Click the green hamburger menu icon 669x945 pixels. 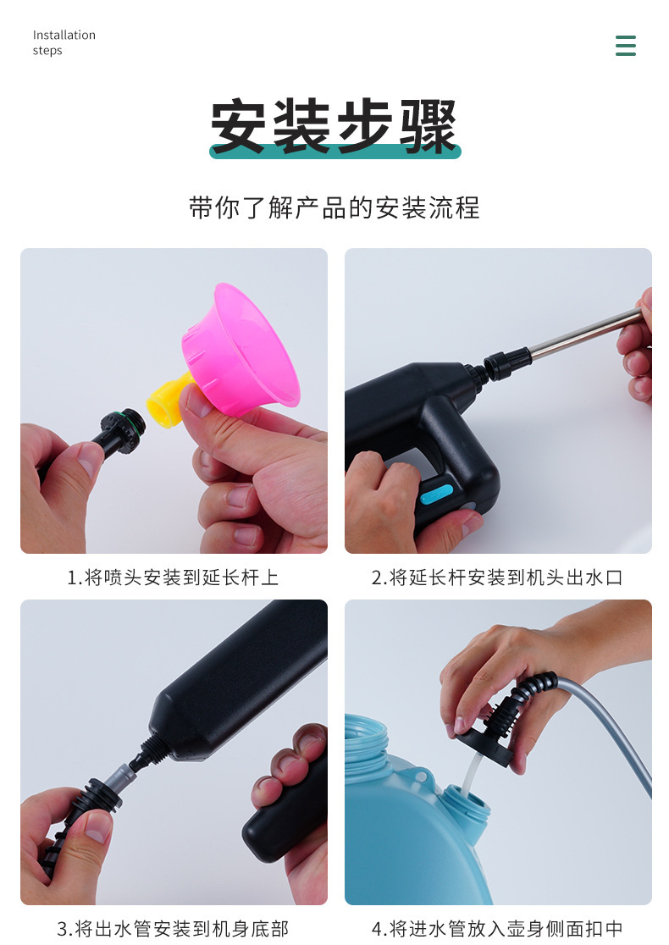tap(626, 46)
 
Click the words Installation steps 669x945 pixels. tap(64, 42)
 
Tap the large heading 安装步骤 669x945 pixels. tap(334, 125)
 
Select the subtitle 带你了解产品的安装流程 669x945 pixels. tap(334, 208)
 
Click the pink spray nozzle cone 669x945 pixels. tap(241, 350)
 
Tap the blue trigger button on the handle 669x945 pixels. tap(436, 494)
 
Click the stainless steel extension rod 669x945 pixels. tap(584, 334)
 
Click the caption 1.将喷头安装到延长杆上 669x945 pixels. tap(173, 577)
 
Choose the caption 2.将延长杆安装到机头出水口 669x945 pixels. tap(497, 577)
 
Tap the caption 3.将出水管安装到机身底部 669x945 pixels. tap(173, 929)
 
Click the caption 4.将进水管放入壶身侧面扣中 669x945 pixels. tap(497, 929)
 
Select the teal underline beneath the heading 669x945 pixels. tap(335, 151)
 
